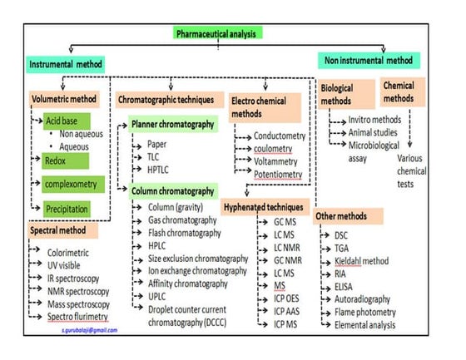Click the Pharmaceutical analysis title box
pos(218,33)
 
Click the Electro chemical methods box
pos(263,106)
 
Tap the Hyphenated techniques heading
pos(265,204)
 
